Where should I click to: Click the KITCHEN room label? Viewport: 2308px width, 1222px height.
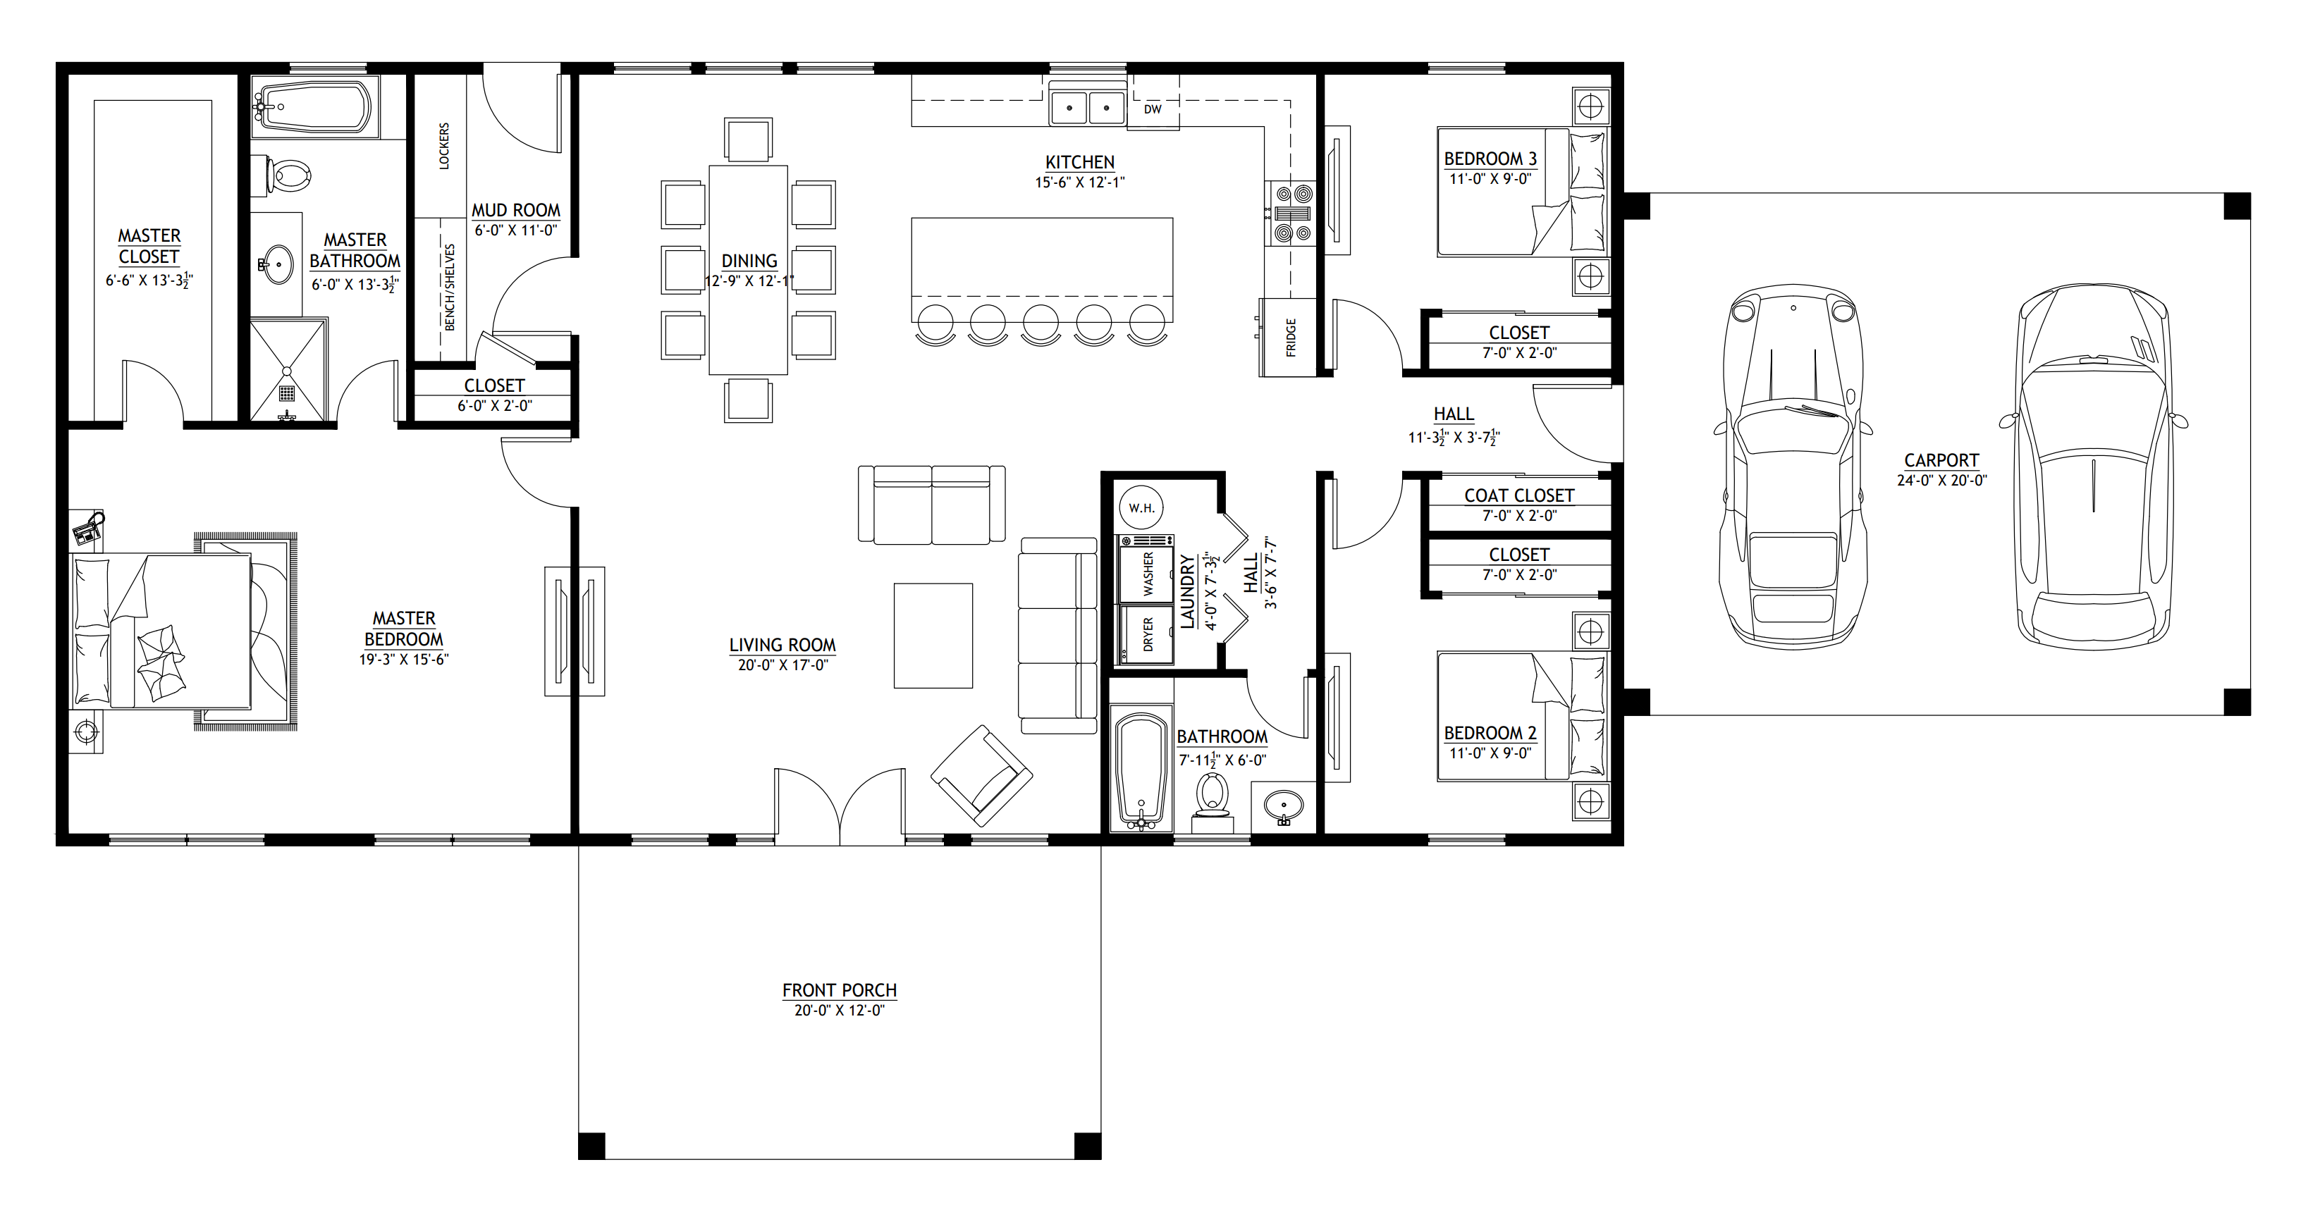(x=1080, y=162)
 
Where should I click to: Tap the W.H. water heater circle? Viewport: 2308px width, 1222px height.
(x=1141, y=508)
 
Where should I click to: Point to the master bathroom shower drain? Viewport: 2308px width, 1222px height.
(x=288, y=392)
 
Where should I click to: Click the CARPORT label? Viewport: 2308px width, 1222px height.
(x=1941, y=460)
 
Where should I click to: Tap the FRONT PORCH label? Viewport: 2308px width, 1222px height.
(x=840, y=990)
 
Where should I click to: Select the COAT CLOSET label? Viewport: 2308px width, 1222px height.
(x=1518, y=495)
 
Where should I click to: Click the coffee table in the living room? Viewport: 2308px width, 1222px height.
(x=933, y=635)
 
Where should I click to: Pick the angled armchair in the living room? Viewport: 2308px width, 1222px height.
(x=981, y=776)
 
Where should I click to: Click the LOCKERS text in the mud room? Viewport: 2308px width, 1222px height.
(x=444, y=146)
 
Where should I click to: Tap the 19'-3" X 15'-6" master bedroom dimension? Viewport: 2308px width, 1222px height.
(x=404, y=660)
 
